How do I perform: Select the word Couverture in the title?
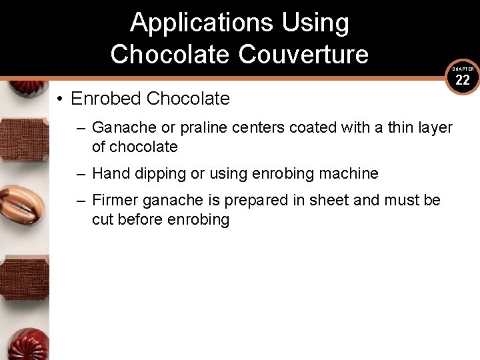pyautogui.click(x=303, y=54)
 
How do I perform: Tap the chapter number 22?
pyautogui.click(x=463, y=81)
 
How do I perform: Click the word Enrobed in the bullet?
pyautogui.click(x=106, y=99)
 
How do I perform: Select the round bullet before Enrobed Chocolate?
pyautogui.click(x=60, y=99)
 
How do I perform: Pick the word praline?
pyautogui.click(x=208, y=127)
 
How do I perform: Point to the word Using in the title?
pyautogui.click(x=315, y=23)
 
